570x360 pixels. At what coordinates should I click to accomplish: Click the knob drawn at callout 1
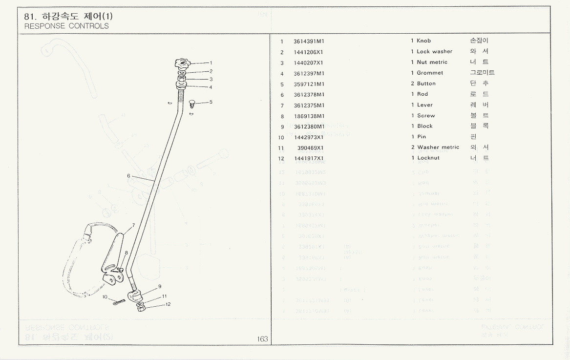(x=181, y=63)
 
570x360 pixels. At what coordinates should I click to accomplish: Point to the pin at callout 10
(x=118, y=302)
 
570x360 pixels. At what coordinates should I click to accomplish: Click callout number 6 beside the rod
(x=128, y=176)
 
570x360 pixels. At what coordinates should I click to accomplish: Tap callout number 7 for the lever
(x=132, y=226)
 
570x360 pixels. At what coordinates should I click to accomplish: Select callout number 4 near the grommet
(x=211, y=87)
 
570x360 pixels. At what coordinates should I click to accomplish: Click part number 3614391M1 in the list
(x=309, y=41)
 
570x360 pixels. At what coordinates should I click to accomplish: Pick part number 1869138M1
(x=309, y=116)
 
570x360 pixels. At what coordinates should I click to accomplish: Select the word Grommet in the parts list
(x=430, y=73)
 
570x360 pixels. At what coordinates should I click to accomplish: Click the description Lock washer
(x=434, y=52)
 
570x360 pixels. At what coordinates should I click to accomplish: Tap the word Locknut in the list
(x=428, y=158)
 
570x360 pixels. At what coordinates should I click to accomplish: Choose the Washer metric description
(x=438, y=148)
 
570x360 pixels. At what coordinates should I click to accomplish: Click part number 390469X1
(x=311, y=148)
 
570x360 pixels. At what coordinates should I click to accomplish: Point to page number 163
(x=262, y=339)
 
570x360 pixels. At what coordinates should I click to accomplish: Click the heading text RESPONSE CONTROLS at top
(x=66, y=26)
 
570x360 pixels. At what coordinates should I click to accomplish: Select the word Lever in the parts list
(x=424, y=105)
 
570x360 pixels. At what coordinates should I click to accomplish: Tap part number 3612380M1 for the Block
(x=309, y=127)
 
